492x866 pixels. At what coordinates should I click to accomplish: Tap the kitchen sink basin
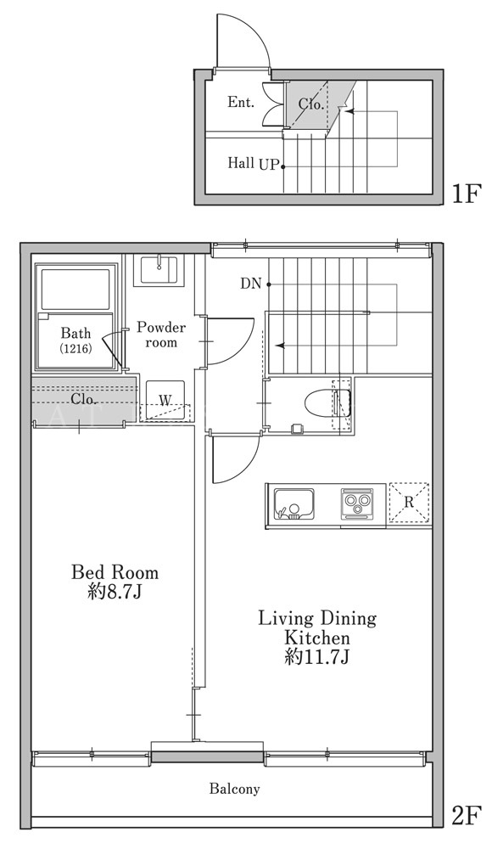(294, 504)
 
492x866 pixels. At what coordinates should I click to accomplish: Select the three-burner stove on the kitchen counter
(356, 504)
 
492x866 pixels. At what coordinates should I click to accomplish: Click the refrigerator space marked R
(409, 503)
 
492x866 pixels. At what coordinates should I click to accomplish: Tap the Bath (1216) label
(76, 340)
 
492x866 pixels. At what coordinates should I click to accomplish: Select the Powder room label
(161, 335)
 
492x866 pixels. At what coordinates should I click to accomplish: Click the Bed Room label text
(115, 571)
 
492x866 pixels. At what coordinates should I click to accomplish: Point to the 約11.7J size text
(316, 658)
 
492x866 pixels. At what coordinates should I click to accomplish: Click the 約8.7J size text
(115, 592)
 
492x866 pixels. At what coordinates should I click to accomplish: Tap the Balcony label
(234, 789)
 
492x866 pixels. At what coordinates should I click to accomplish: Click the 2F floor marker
(467, 816)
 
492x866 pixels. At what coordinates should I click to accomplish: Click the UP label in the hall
(269, 165)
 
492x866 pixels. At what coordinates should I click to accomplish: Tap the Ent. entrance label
(241, 102)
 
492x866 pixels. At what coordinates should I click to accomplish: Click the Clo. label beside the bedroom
(84, 398)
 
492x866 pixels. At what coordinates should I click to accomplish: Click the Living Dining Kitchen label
(317, 627)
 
